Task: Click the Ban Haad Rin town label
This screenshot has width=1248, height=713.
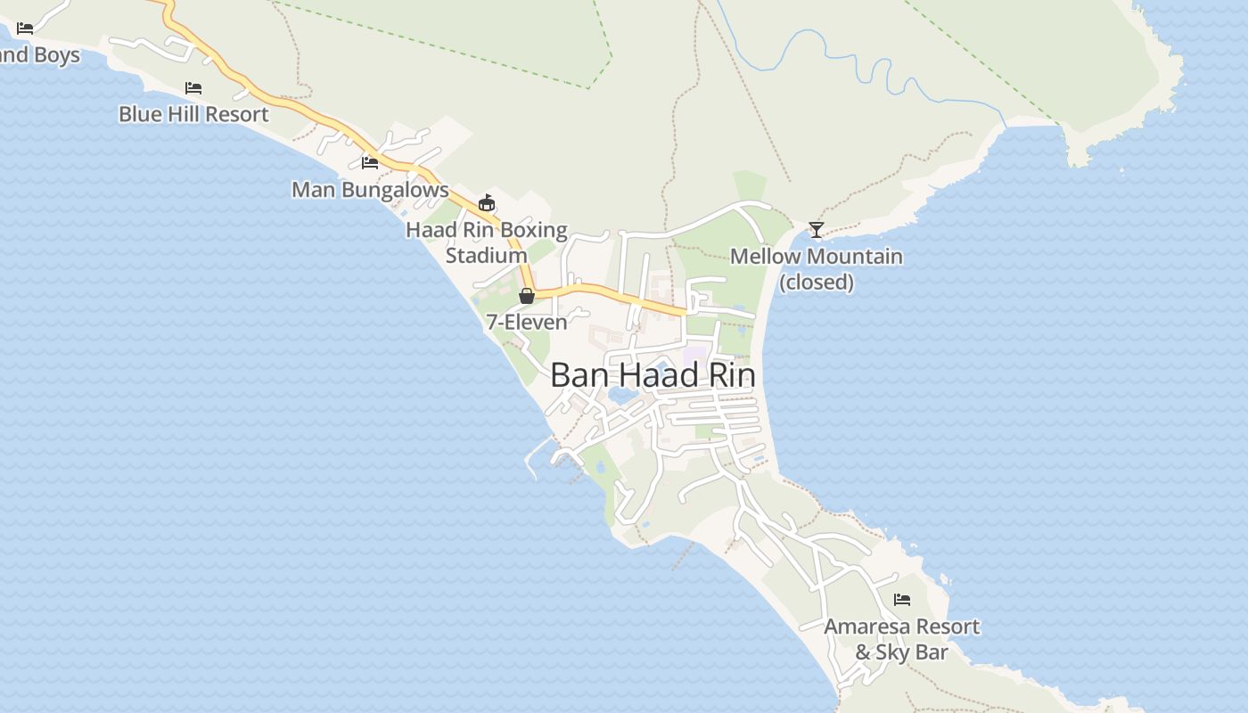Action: click(x=653, y=375)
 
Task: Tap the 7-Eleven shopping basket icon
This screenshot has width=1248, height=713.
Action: click(x=527, y=296)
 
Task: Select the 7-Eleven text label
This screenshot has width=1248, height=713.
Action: click(x=527, y=322)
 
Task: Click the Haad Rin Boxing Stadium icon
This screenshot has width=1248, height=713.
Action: click(x=487, y=203)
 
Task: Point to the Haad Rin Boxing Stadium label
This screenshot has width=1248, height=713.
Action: click(x=487, y=242)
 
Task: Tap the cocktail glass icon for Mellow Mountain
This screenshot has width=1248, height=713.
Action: click(x=817, y=230)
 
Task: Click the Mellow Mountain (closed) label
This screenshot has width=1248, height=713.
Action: click(x=817, y=269)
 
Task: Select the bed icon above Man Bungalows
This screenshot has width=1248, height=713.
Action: click(x=370, y=162)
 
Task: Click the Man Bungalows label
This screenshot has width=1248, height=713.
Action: click(x=370, y=190)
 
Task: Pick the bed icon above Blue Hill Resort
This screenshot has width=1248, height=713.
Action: click(x=193, y=87)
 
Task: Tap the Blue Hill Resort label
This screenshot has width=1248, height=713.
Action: click(x=193, y=114)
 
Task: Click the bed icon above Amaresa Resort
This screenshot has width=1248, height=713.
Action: click(x=902, y=600)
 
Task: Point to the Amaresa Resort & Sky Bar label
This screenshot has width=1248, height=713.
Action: click(x=901, y=639)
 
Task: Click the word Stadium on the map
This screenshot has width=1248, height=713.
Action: click(x=487, y=256)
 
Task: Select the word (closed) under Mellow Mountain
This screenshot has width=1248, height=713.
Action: click(x=817, y=283)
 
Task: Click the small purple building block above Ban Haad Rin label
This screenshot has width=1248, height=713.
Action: click(x=694, y=355)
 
